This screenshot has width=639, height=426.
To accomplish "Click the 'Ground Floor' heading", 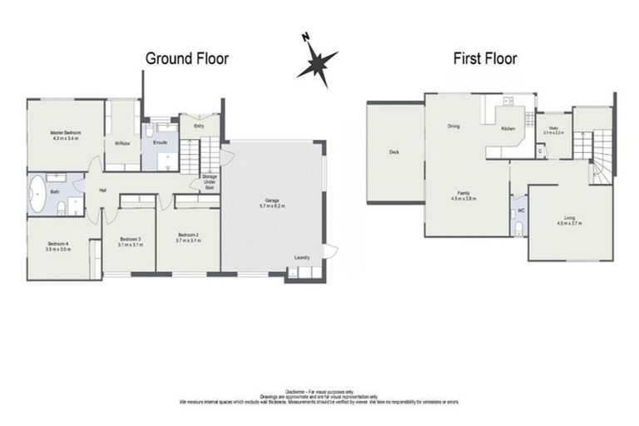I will click(186, 58).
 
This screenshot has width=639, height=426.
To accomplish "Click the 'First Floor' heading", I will click(484, 58).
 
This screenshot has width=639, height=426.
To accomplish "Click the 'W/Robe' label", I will click(122, 144).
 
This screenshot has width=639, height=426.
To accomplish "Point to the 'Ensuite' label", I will click(160, 142).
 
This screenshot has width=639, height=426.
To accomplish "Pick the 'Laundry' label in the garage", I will click(301, 257).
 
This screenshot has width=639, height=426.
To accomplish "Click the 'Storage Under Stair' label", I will click(209, 182).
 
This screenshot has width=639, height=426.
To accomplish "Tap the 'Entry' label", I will click(199, 126).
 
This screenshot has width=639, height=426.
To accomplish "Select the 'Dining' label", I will click(453, 126).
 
